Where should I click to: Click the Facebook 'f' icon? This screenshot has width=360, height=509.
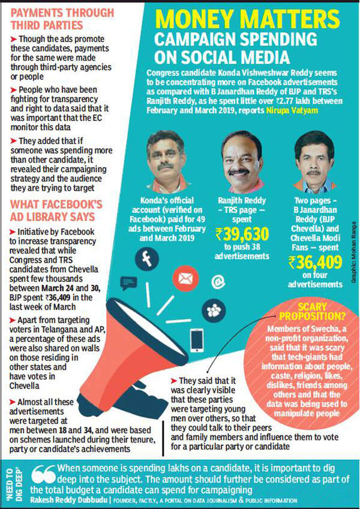coord(146,243)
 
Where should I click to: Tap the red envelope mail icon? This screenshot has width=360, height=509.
coord(185,278)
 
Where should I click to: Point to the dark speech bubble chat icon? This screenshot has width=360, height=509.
coord(128,282)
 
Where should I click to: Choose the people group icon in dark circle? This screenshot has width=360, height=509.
coord(214,311)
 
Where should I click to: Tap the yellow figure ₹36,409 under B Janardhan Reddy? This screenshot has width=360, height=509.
coord(315,262)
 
